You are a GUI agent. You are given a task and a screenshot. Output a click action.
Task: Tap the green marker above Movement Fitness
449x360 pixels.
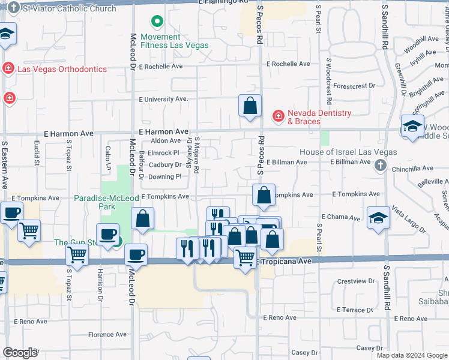pos(157,23)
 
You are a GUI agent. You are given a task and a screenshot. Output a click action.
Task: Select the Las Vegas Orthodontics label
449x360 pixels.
pos(62,69)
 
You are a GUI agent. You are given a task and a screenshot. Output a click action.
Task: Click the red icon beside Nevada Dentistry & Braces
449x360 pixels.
pos(279,115)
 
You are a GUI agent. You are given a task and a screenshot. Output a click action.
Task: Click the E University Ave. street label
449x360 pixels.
pos(164,99)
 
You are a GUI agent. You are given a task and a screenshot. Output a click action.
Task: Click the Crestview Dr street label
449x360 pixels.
pos(352,281)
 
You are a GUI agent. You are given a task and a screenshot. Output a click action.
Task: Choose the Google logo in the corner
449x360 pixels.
pos(20,353)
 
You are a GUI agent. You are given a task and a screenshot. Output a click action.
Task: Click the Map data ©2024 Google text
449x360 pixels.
pos(412,355)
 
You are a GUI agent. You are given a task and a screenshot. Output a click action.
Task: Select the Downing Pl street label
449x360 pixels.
pos(165,176)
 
